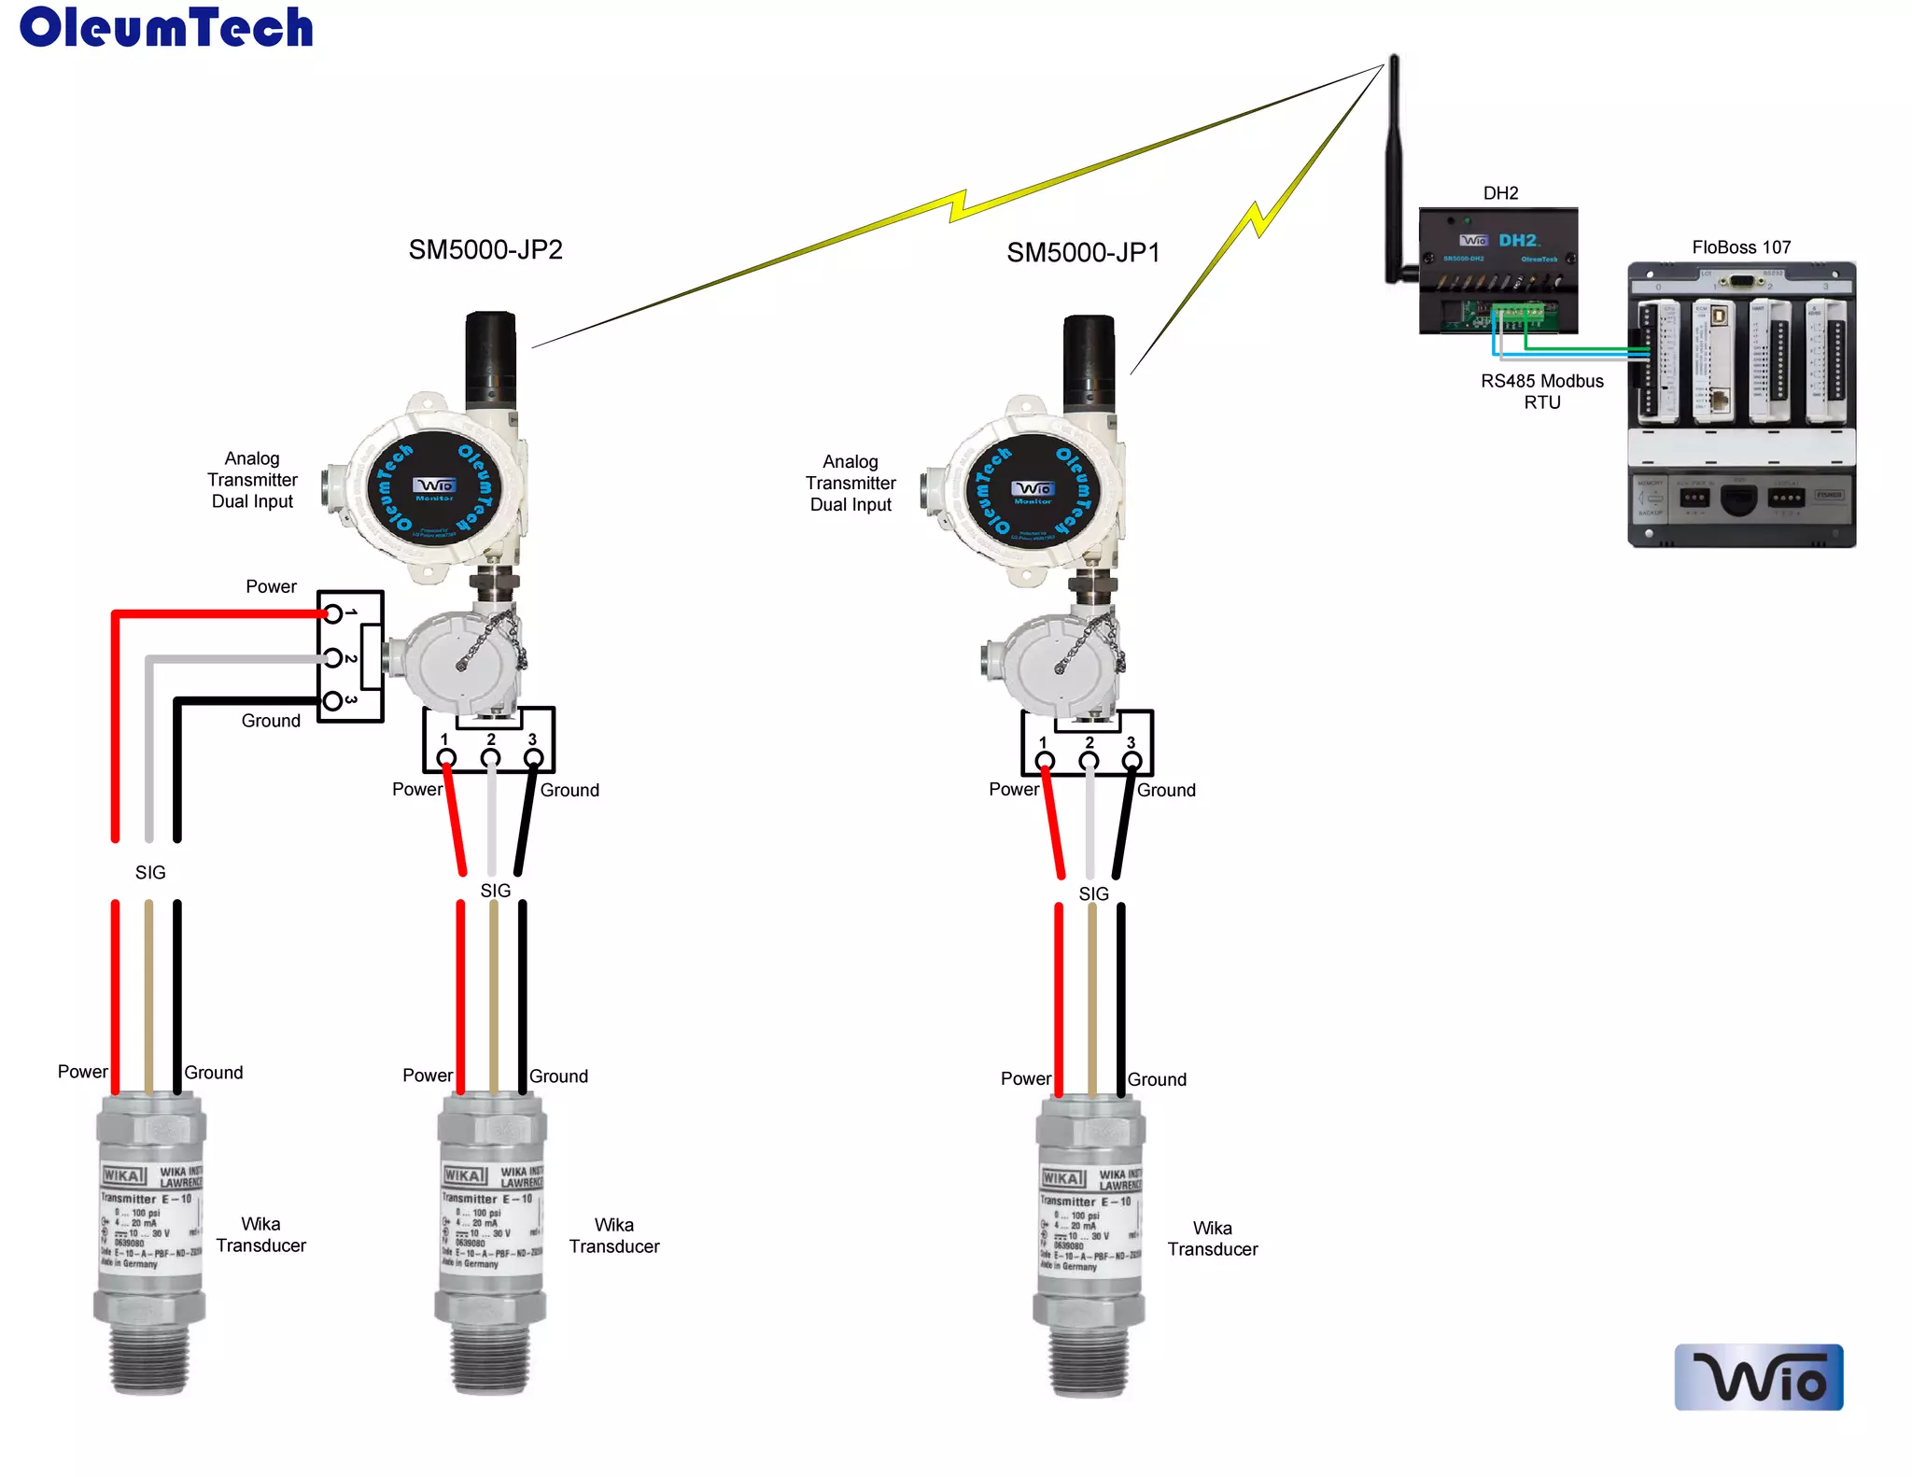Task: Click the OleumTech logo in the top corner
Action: pos(166,27)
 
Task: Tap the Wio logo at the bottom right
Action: pos(1758,1376)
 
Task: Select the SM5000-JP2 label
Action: pos(485,250)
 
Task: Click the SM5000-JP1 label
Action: pos(1083,253)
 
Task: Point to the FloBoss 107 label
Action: pos(1741,247)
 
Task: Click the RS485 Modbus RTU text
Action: pos(1541,392)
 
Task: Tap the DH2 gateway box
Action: pos(1498,270)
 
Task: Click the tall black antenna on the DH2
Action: pos(1394,168)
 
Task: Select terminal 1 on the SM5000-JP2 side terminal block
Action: pos(332,613)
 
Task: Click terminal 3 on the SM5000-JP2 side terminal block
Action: pos(332,700)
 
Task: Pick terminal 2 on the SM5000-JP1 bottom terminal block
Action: pos(1089,761)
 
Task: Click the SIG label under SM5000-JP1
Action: pos(1093,894)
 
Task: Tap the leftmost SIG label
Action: pos(150,873)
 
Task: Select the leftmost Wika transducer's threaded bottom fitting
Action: pos(149,1358)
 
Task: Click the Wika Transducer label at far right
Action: pos(1212,1239)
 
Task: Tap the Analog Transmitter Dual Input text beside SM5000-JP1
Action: pos(851,483)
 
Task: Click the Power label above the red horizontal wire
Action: pos(271,587)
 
